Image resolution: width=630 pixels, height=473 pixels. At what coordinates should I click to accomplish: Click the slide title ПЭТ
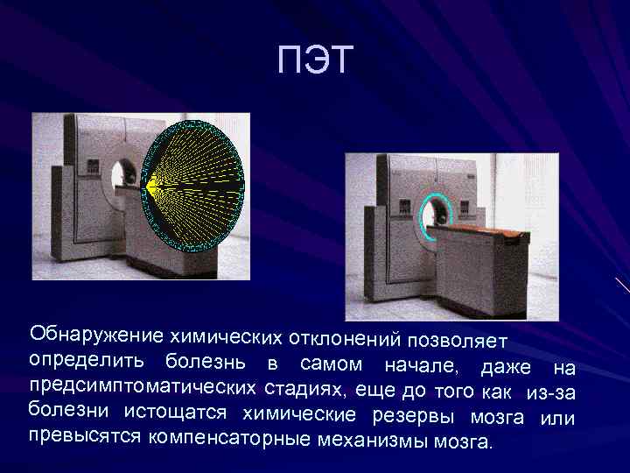315,61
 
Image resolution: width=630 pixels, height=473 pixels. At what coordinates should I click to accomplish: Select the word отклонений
346,337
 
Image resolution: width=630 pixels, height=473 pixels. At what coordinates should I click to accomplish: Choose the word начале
421,365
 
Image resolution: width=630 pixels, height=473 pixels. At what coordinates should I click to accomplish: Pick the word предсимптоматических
143,386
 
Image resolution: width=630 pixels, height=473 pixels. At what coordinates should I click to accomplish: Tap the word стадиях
306,389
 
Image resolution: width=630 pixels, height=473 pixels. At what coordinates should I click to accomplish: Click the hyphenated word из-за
550,392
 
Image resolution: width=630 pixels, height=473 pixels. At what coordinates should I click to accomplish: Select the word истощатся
175,412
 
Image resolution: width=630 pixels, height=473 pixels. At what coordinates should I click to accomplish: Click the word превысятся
84,435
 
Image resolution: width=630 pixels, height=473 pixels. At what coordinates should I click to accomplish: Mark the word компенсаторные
229,437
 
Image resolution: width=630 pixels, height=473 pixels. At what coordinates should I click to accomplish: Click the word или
557,418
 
